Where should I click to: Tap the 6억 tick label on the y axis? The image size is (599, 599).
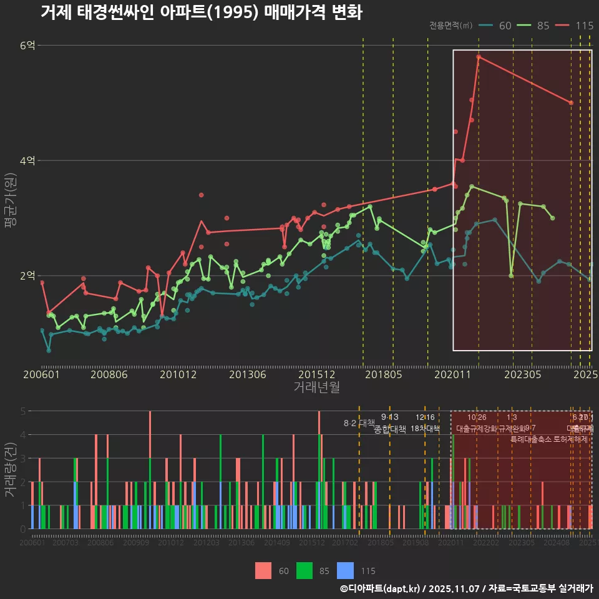[x=28, y=46]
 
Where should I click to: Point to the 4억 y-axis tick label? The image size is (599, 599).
[x=28, y=160]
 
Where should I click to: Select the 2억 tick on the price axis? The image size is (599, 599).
[x=28, y=276]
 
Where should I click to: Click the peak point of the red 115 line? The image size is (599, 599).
[x=479, y=57]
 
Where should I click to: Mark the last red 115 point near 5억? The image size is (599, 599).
[x=571, y=102]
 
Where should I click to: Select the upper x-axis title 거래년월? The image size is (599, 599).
[x=316, y=387]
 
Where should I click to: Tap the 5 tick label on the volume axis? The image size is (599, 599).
[x=22, y=411]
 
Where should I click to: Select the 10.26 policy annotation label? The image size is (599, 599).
[x=477, y=417]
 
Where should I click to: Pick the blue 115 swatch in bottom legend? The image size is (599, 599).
[x=345, y=570]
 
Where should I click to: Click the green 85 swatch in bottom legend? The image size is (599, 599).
[x=304, y=570]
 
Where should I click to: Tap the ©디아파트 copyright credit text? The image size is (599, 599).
[x=466, y=588]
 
